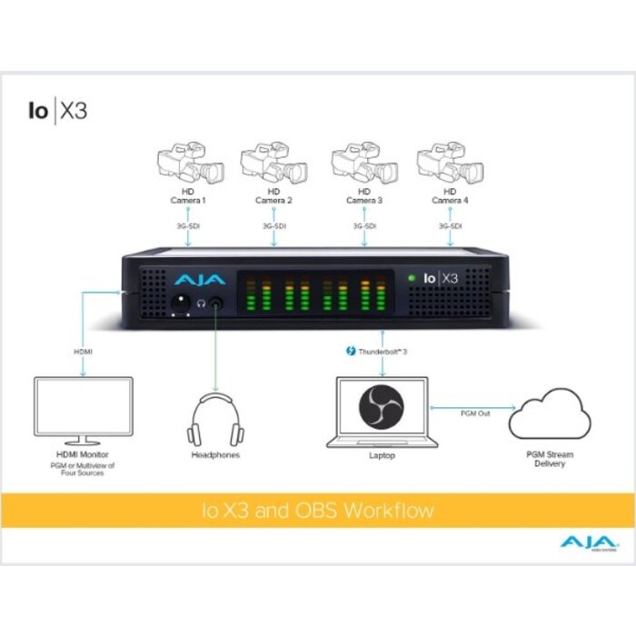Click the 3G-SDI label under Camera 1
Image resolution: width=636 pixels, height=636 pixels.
187,224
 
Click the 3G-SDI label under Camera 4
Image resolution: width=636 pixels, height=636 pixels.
450,224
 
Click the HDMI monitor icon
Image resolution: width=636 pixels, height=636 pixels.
83,408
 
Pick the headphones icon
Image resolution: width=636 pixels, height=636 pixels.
215,418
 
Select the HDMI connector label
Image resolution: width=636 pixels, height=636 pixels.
83,350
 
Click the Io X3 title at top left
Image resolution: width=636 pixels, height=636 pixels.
56,112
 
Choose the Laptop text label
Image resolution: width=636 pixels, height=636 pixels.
381,455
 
